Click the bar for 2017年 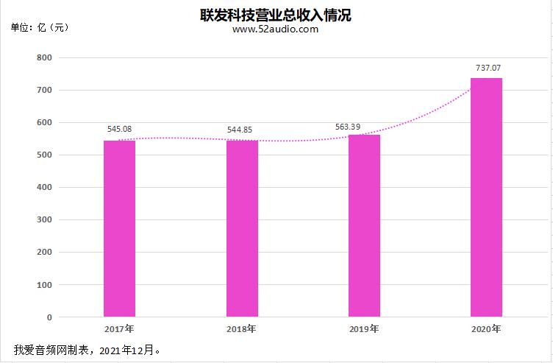pos(119,228)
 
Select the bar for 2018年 pos(242,228)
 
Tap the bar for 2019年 pos(364,225)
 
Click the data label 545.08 pos(119,129)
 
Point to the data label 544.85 pos(242,130)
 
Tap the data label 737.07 pos(488,68)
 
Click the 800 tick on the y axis pos(44,57)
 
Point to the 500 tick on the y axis pos(44,155)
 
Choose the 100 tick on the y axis pos(44,285)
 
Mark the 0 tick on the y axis pos(49,317)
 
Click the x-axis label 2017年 pos(119,328)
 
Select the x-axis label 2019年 pos(364,328)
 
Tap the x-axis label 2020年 pos(486,328)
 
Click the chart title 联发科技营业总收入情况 pos(276,15)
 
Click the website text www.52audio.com pos(275,29)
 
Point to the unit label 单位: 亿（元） pos(40,27)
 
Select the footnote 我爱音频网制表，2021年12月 pos(87,349)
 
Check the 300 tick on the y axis pos(44,220)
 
